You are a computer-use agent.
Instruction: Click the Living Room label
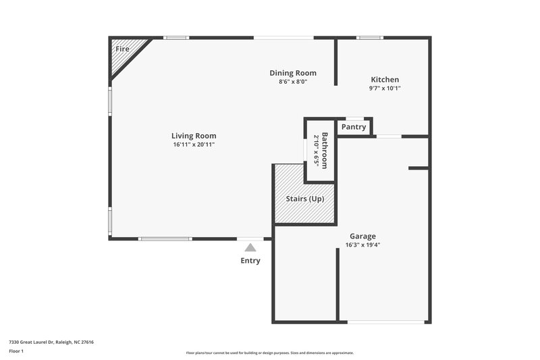pos(193,136)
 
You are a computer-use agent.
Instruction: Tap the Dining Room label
pos(293,73)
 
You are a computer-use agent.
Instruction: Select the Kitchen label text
pos(385,80)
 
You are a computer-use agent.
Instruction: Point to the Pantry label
pos(354,127)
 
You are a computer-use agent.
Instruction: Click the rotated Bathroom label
pos(325,151)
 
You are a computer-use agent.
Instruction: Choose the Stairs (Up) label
pos(305,199)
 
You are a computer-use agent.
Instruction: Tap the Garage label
pos(362,236)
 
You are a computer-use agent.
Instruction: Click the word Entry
pos(250,261)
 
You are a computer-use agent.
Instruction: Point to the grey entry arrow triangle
pos(250,248)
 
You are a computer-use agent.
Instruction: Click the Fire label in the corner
pos(122,49)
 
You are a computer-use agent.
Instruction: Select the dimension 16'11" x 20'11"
pos(193,145)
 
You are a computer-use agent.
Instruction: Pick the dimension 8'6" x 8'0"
pos(293,82)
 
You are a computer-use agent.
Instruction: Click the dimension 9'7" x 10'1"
pos(385,88)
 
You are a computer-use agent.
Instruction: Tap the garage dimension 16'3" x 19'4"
pos(362,245)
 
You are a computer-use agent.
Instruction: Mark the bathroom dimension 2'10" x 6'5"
pos(316,151)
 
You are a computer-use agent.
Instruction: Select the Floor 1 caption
pos(16,351)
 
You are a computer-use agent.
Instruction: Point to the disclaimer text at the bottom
pos(270,353)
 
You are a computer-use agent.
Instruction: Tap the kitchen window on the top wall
pos(369,38)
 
